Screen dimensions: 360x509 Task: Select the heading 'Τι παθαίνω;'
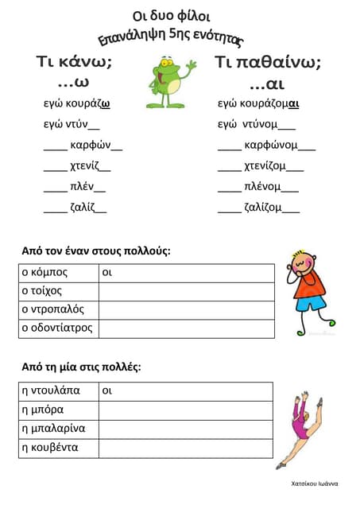[268, 63]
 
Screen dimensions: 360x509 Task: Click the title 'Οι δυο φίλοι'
[171, 16]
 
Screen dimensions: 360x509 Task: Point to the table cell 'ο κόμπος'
[59, 273]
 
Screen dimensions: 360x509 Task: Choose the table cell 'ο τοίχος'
[59, 291]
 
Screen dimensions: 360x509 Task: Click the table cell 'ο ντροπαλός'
[59, 309]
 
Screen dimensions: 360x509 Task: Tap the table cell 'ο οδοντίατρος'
[59, 328]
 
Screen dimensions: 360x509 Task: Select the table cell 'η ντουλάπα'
[59, 391]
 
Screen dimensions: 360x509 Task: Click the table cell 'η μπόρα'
[59, 410]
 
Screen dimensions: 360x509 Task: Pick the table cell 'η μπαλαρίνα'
[59, 429]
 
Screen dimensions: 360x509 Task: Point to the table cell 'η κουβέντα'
[59, 447]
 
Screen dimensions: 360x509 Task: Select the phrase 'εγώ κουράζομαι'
[258, 103]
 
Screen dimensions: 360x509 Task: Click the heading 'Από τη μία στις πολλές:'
[81, 367]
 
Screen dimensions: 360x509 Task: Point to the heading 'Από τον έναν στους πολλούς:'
[96, 251]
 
